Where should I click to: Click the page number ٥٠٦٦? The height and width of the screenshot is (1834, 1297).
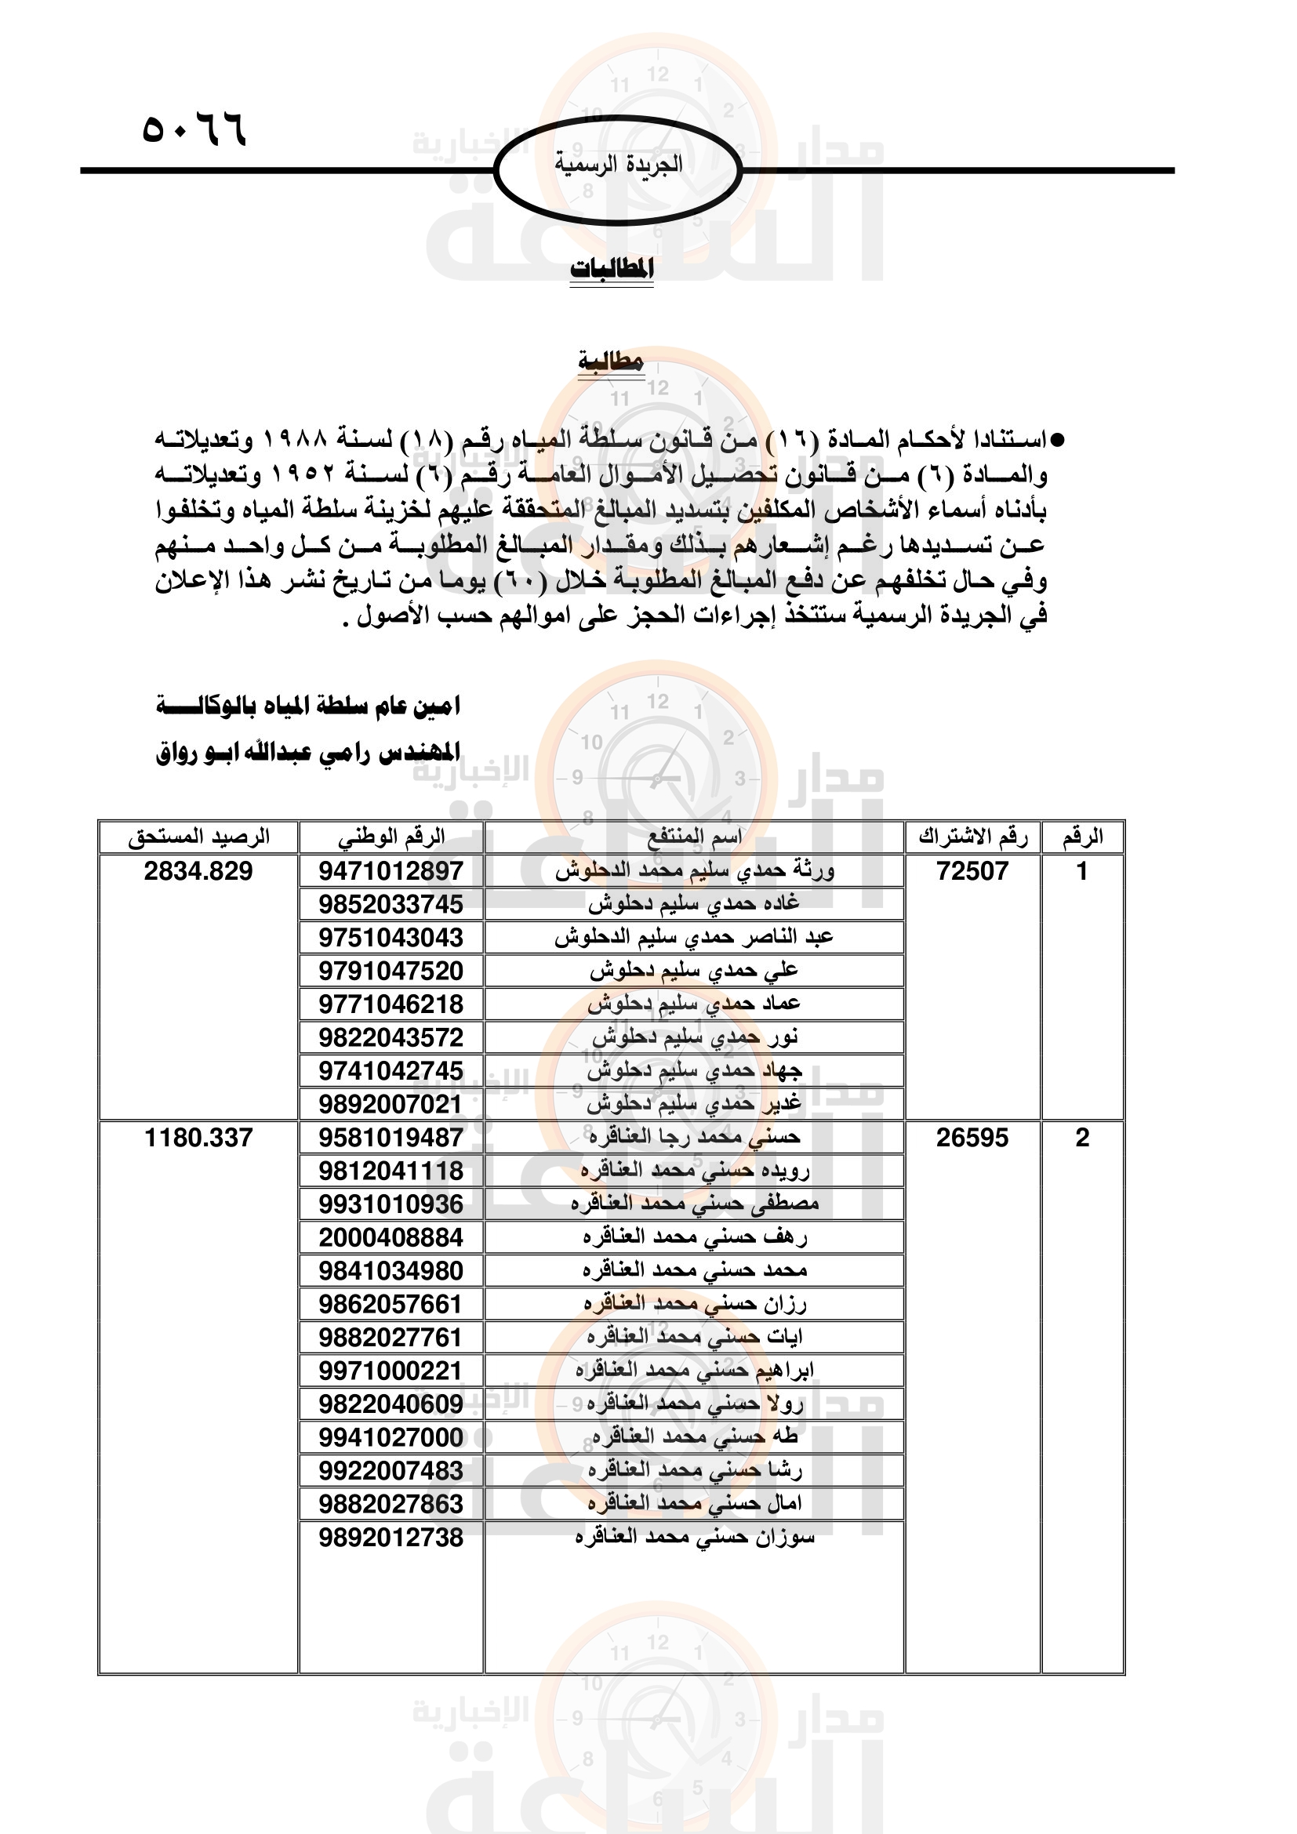coord(194,129)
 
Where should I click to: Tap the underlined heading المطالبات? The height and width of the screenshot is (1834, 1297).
coord(612,269)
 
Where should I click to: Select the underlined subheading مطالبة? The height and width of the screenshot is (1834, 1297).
coord(611,361)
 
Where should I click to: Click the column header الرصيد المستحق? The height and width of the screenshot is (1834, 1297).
coord(199,837)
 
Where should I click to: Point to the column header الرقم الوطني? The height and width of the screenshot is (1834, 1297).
coord(391,837)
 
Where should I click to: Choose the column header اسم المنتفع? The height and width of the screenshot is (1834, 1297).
coord(694,837)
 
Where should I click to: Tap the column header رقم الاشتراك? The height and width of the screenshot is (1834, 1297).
coord(972,837)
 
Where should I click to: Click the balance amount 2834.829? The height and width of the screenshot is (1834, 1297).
coord(198,870)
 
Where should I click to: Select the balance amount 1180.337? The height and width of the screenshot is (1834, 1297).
coord(198,1138)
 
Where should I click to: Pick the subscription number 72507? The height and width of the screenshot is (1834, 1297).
coord(972,870)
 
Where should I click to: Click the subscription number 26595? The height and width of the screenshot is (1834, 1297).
coord(972,1138)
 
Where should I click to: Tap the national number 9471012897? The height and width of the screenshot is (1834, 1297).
coord(391,870)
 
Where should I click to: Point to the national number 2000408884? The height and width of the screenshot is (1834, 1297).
coord(391,1237)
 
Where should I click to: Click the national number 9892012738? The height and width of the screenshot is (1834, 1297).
coord(391,1537)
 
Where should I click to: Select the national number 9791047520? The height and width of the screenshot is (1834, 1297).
coord(391,971)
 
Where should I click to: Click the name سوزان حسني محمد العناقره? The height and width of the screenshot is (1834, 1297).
coord(695,1537)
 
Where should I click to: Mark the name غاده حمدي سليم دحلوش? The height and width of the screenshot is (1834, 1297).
coord(694,903)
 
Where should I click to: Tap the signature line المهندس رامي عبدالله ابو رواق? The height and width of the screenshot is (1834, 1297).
coord(308,753)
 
